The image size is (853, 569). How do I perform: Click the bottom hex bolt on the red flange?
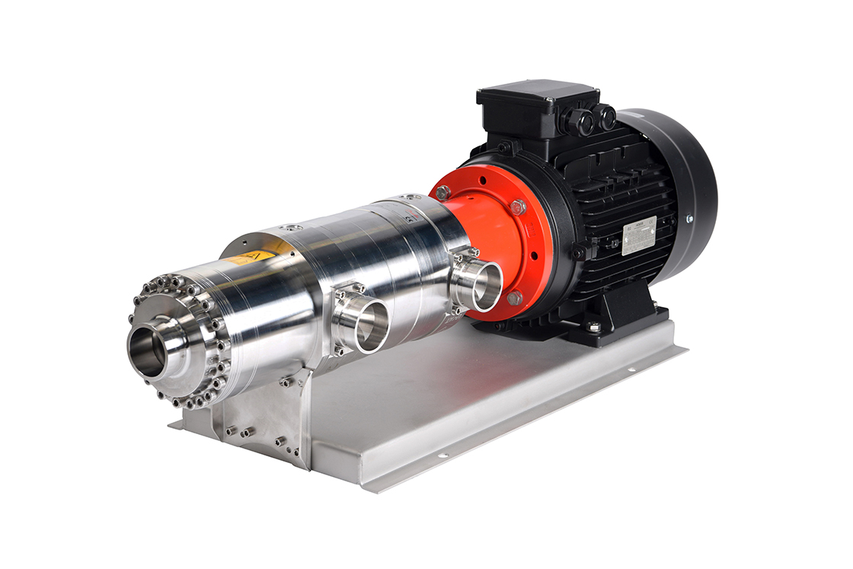click(515, 298)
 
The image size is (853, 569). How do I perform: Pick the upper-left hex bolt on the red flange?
click(443, 192)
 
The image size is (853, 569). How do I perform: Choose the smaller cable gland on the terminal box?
click(607, 117)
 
